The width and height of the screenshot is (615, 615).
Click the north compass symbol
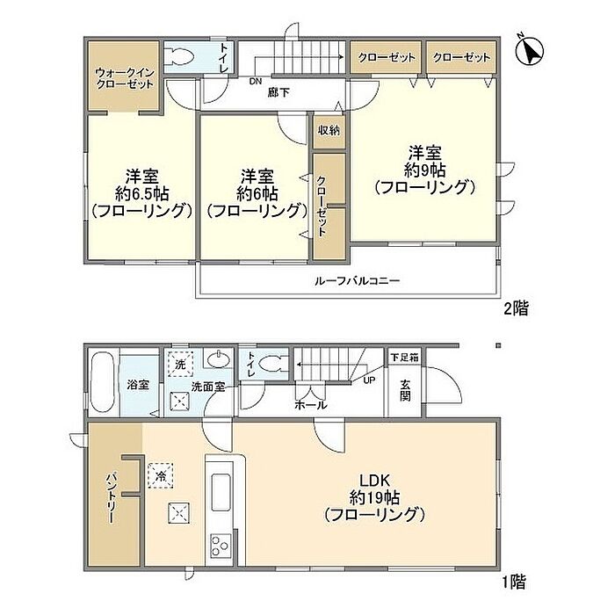529,50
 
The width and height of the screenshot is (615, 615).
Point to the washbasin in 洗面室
220,358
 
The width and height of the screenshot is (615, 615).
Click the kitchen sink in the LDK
221,492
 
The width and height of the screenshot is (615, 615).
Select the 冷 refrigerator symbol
160,475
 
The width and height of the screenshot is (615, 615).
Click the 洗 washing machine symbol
180,364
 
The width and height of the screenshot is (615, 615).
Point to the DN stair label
256,82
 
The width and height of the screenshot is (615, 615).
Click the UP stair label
370,380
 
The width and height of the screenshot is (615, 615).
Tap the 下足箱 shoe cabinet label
404,358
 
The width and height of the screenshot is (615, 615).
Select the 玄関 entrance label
405,390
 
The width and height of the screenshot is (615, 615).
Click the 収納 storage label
329,130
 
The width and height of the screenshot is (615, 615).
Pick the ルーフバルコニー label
357,281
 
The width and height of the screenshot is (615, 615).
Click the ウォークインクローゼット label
125,78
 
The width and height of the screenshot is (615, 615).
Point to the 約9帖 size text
424,170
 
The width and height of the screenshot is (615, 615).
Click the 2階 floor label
516,308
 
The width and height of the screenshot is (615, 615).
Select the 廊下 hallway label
279,92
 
